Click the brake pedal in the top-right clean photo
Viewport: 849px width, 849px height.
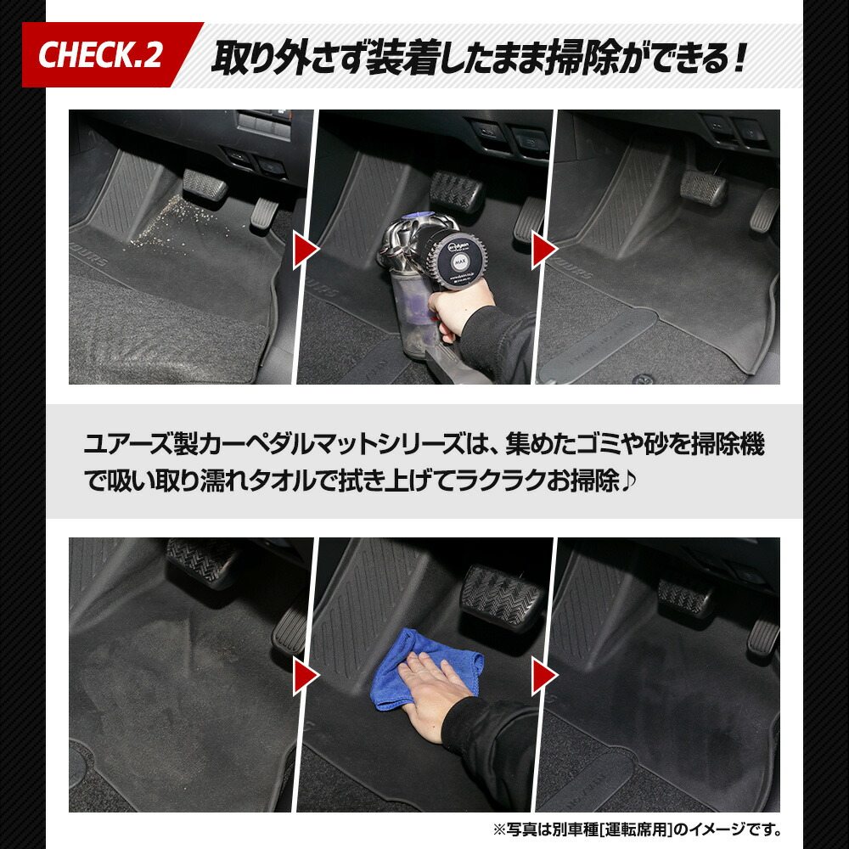[703, 187]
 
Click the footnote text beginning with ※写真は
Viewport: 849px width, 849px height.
[637, 829]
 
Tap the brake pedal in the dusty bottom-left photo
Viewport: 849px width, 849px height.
[202, 561]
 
